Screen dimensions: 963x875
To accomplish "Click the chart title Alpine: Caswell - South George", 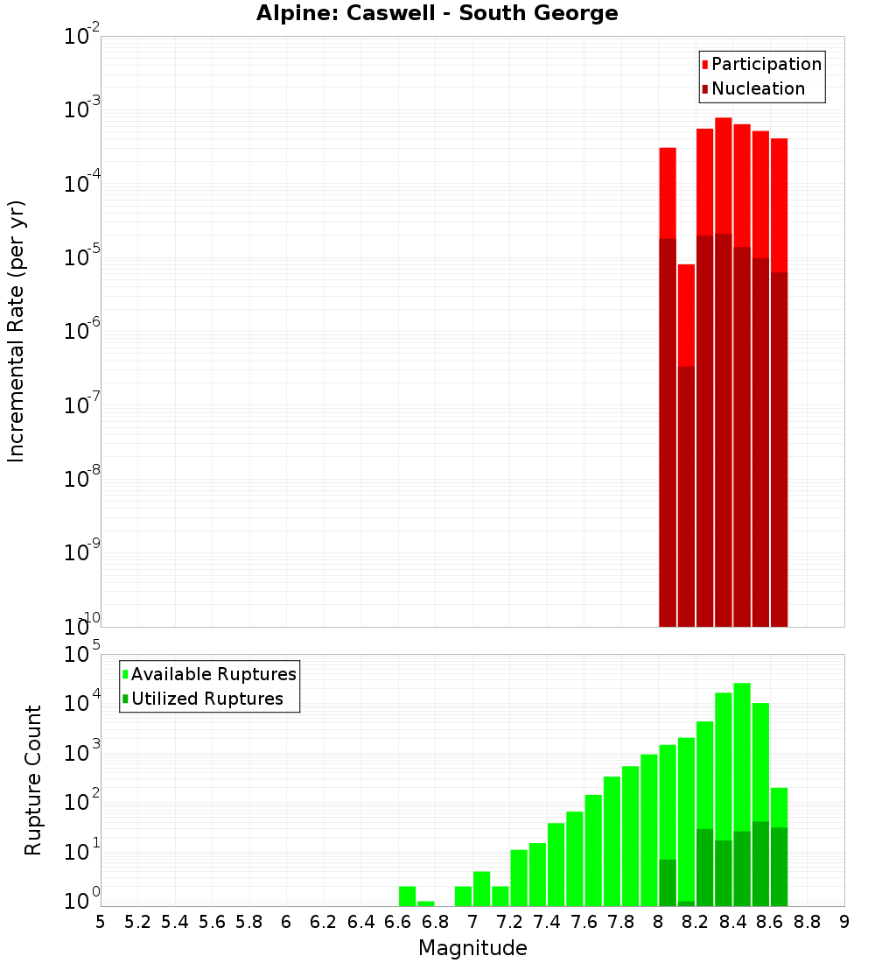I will coord(437,14).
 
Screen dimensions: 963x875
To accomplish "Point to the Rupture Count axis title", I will coord(33,780).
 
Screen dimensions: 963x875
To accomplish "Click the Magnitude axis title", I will coord(472,948).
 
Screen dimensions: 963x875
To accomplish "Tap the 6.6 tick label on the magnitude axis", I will coord(398,922).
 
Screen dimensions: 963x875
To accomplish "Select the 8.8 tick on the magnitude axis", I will coord(808,922).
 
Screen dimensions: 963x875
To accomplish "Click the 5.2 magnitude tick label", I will coord(137,922).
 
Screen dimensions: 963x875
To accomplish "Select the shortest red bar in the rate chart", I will coord(686,315).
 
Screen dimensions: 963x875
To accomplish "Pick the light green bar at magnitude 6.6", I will coord(407,896).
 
